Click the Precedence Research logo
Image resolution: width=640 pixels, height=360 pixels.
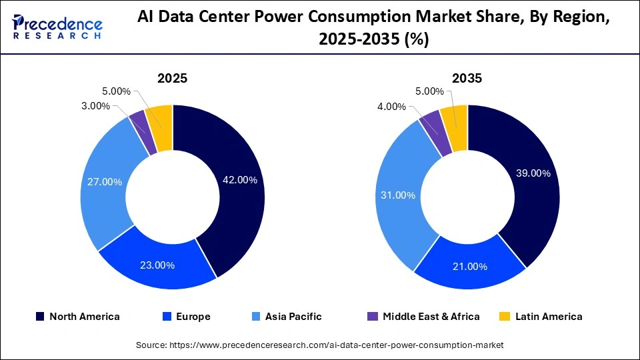pyautogui.click(x=57, y=27)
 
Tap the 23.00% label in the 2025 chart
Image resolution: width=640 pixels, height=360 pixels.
pyautogui.click(x=157, y=265)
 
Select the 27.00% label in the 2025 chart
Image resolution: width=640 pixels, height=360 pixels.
pyautogui.click(x=104, y=181)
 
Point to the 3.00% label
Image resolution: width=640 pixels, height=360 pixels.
pyautogui.click(x=95, y=106)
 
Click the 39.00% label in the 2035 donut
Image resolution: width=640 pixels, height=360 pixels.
pyautogui.click(x=533, y=173)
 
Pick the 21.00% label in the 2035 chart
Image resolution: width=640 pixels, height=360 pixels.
pyautogui.click(x=469, y=266)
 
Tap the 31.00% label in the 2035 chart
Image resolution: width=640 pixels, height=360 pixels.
pyautogui.click(x=399, y=195)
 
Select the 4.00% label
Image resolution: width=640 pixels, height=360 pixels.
pyautogui.click(x=391, y=106)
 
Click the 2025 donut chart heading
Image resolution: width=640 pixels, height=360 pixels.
pyautogui.click(x=172, y=78)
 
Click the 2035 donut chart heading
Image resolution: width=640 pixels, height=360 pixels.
pyautogui.click(x=467, y=78)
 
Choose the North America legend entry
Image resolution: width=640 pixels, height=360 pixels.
pyautogui.click(x=77, y=317)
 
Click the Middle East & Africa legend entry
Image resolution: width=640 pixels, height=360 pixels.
pyautogui.click(x=423, y=317)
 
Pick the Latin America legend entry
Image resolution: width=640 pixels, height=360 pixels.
pyautogui.click(x=541, y=317)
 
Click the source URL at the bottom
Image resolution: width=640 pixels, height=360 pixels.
pyautogui.click(x=319, y=345)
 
